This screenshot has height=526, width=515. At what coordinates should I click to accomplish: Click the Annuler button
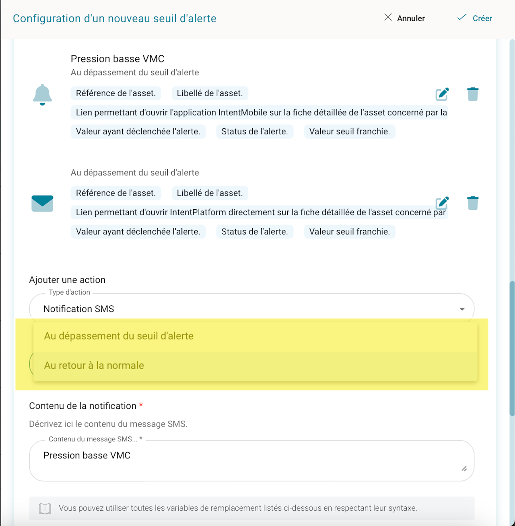click(x=405, y=18)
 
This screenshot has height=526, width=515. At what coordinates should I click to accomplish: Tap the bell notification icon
click(x=42, y=95)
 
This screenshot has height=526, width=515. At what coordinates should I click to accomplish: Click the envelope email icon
click(x=42, y=203)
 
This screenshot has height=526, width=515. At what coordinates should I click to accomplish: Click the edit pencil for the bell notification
click(x=442, y=94)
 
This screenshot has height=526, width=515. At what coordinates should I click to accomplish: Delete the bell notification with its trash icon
click(x=473, y=94)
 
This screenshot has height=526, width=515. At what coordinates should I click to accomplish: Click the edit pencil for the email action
click(x=442, y=203)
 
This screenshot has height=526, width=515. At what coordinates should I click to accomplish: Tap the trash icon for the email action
click(x=473, y=203)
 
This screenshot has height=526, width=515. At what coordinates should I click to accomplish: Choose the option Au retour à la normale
click(x=94, y=365)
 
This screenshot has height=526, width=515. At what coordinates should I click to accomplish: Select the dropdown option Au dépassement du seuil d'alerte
click(x=119, y=336)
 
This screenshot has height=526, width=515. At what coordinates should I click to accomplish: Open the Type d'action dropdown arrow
click(x=462, y=309)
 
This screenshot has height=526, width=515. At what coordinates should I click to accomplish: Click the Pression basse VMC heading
click(x=117, y=59)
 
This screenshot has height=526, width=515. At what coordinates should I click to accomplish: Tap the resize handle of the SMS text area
click(x=464, y=469)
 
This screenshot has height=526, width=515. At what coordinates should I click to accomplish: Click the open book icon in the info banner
click(x=45, y=508)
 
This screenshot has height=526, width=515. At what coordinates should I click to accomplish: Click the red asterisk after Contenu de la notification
click(x=141, y=405)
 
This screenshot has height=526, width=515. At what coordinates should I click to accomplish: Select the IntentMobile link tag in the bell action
click(x=260, y=112)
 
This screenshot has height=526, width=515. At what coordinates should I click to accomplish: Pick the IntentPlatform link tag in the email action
click(x=260, y=212)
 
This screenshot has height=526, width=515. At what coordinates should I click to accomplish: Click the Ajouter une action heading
click(x=67, y=280)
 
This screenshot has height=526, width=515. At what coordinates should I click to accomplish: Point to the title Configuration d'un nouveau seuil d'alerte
click(x=115, y=19)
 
